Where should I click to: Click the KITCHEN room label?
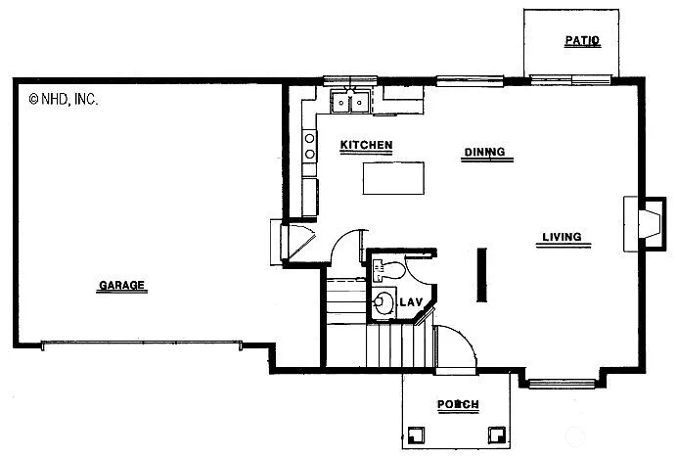(x=366, y=146)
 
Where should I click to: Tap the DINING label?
(x=484, y=152)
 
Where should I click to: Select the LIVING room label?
(x=562, y=237)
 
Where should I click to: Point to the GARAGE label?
(x=121, y=286)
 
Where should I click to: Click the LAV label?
(x=410, y=301)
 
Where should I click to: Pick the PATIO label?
(x=582, y=41)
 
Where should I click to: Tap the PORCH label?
(x=457, y=404)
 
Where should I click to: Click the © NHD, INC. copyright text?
(x=64, y=98)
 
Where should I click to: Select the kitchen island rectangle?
(x=395, y=178)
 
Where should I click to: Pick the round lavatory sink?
(x=383, y=302)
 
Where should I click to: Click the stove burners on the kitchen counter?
(x=310, y=146)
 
